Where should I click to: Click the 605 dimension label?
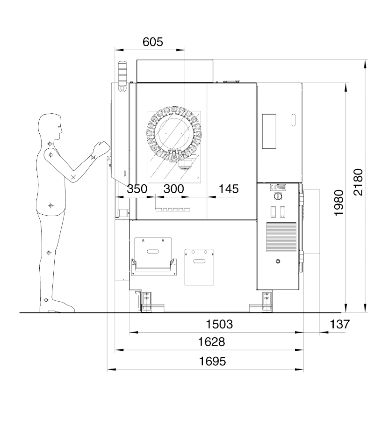click(153, 42)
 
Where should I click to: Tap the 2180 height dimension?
click(358, 182)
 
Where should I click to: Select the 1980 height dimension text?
click(339, 203)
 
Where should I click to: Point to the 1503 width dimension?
click(219, 324)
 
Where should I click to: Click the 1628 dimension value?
click(211, 342)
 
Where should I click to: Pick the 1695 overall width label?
click(212, 362)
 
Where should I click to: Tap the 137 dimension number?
click(340, 324)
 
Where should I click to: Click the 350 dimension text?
click(137, 189)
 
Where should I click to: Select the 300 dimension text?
click(173, 189)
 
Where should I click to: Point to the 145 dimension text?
click(229, 189)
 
